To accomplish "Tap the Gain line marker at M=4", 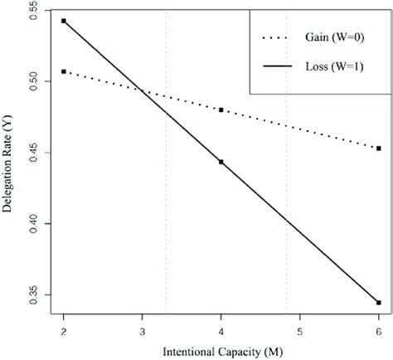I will (x=221, y=109).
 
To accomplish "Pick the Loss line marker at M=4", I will (x=221, y=162).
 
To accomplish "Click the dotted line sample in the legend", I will (x=280, y=37).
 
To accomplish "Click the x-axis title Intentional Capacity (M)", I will (x=221, y=351).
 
